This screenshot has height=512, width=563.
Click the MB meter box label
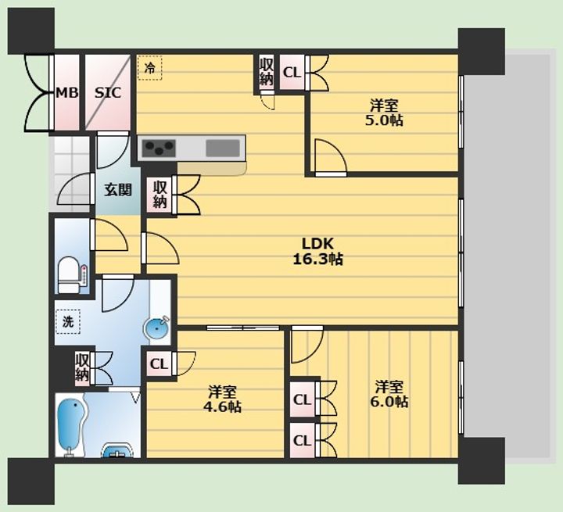click(66, 93)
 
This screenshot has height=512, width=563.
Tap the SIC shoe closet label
click(108, 93)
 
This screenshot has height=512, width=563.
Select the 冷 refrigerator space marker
click(149, 67)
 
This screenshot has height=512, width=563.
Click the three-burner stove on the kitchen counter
click(159, 149)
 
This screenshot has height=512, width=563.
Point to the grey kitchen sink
click(223, 149)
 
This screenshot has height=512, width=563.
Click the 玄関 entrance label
click(118, 190)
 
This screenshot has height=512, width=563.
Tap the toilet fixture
click(69, 274)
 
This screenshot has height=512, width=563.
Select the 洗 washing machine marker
click(67, 322)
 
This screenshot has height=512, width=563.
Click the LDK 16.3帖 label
click(317, 251)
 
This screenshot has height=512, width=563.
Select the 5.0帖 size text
click(384, 120)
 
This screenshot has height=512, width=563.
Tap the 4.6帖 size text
click(222, 406)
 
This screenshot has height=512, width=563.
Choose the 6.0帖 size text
click(389, 402)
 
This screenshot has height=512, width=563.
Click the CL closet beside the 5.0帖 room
click(292, 73)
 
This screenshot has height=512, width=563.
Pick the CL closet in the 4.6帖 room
click(159, 364)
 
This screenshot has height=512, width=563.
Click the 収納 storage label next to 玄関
click(160, 195)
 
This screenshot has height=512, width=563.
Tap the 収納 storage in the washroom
click(82, 367)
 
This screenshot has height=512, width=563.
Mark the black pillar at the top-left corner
click(30, 31)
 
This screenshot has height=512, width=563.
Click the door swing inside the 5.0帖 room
click(331, 158)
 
